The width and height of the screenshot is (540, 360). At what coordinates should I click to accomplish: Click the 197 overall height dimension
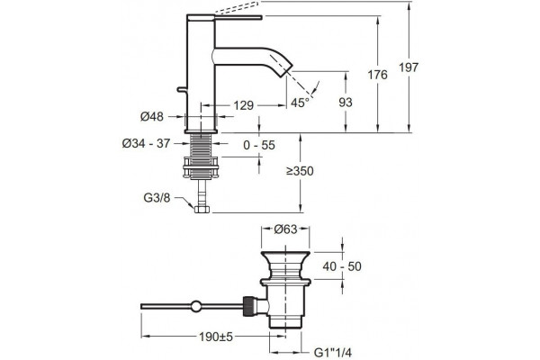(409, 67)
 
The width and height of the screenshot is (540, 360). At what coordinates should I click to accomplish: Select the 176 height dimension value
(377, 75)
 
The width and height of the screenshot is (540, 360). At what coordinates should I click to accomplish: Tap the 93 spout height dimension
(346, 103)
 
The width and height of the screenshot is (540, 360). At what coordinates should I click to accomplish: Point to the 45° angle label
(300, 103)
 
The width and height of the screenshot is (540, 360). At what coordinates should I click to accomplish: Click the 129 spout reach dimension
(244, 105)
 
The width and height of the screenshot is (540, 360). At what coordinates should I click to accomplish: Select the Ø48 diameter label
(152, 117)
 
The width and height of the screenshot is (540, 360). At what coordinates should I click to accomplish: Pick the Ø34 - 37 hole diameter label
(147, 143)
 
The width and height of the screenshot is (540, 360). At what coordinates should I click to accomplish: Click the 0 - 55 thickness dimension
(259, 145)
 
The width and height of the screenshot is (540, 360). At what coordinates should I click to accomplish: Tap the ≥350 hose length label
(300, 171)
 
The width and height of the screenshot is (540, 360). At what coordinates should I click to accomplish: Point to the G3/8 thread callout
(157, 198)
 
